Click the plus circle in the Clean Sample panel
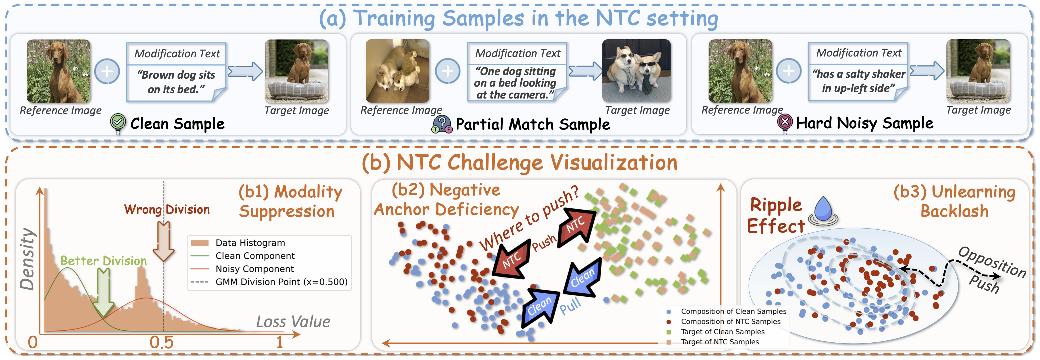(x=107, y=72)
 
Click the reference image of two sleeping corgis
(x=397, y=71)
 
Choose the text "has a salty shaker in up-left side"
(x=858, y=81)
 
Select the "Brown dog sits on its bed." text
(x=176, y=82)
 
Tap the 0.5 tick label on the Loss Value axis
(x=162, y=342)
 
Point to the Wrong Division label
(x=167, y=210)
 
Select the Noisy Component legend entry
(x=254, y=269)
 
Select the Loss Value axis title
(x=293, y=322)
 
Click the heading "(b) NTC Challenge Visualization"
(x=520, y=163)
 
